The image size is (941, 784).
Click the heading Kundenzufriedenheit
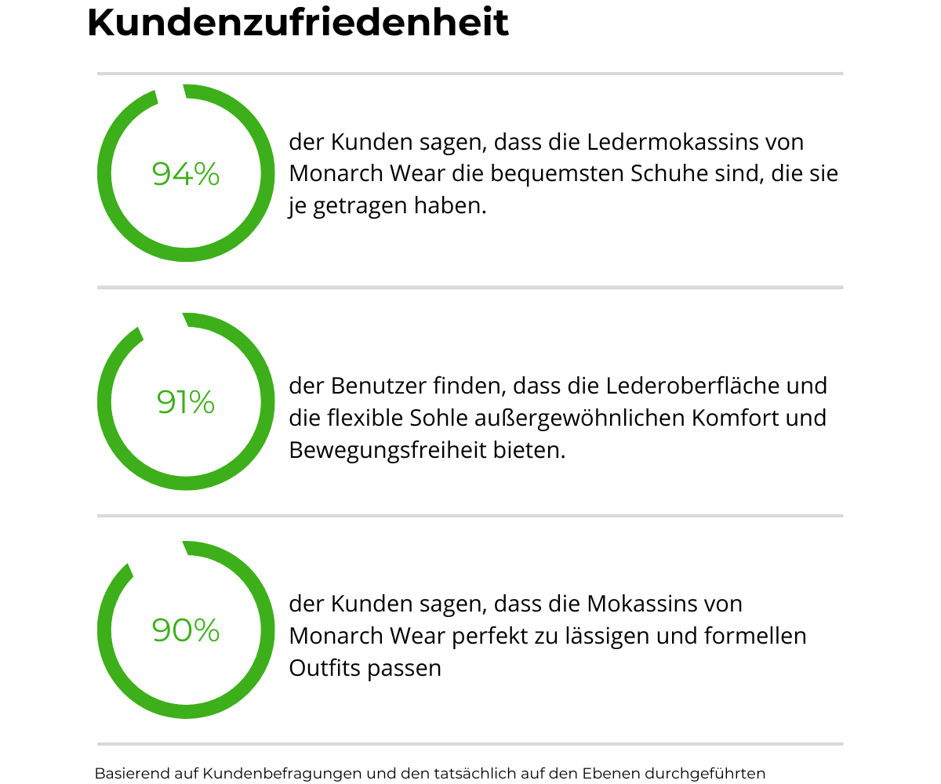298,23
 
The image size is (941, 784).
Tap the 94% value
186,173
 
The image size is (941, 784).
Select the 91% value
186,402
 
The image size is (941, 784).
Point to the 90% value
186,630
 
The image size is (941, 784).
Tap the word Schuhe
670,173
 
